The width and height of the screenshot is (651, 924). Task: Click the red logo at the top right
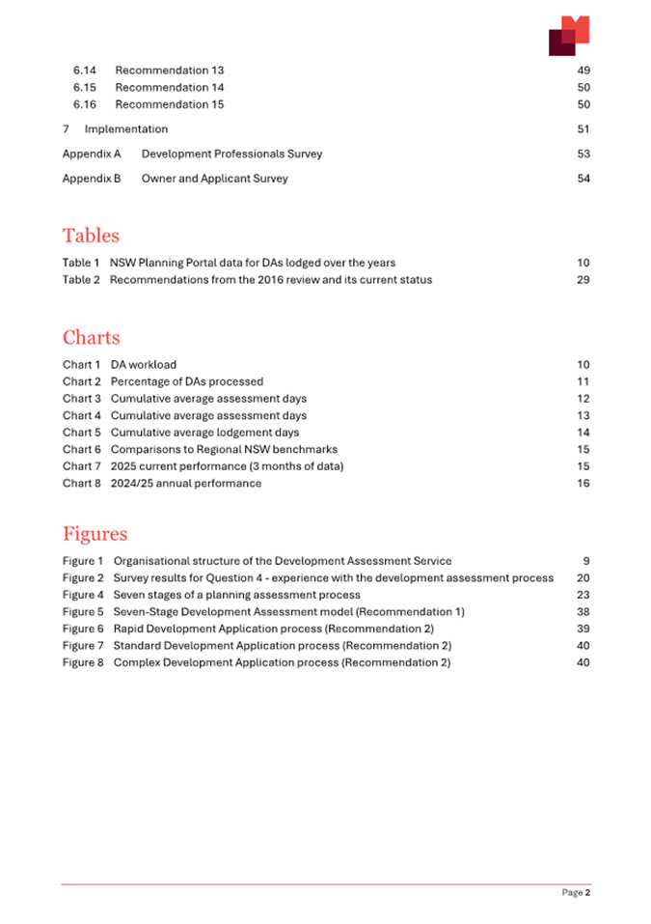pos(569,36)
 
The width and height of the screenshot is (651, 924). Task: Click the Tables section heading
pos(91,236)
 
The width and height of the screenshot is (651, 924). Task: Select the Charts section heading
pos(92,338)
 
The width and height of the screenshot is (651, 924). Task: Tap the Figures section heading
pos(95,534)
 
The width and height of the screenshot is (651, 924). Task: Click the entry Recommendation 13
pos(169,70)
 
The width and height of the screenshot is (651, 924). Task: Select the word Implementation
pos(126,129)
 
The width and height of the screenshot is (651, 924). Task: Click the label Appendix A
pos(92,154)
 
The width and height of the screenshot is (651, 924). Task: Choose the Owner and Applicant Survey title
pos(214,179)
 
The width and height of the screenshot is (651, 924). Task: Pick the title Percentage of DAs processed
pos(186,382)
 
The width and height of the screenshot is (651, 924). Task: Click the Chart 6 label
pos(82,450)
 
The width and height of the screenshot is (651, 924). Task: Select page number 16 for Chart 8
pos(583,484)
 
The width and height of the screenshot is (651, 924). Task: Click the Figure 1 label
pos(84,561)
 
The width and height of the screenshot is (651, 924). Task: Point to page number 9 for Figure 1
pos(586,561)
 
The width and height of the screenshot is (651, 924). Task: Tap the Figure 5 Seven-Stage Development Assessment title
pos(288,612)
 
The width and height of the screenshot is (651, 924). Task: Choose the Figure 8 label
pos(84,663)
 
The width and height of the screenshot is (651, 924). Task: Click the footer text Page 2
pos(576,893)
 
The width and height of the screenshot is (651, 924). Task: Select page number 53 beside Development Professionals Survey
pos(583,154)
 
